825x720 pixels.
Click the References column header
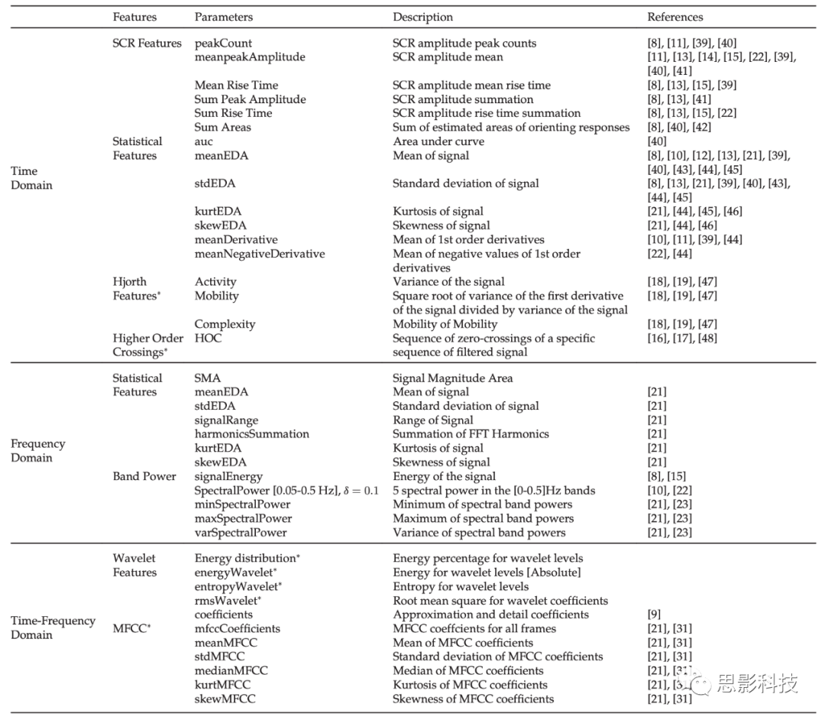pyautogui.click(x=675, y=17)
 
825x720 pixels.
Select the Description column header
pyautogui.click(x=422, y=17)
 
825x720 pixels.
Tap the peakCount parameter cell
pyautogui.click(x=223, y=43)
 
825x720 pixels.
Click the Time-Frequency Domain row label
pyautogui.click(x=53, y=628)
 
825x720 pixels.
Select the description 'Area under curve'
pyautogui.click(x=438, y=141)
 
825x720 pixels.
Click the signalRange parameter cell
pyautogui.click(x=226, y=420)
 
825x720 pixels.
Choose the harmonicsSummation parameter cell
pyautogui.click(x=251, y=433)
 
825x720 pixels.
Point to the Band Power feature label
pyautogui.click(x=144, y=476)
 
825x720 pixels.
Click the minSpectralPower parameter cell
pyautogui.click(x=242, y=504)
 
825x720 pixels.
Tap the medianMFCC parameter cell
pyautogui.click(x=231, y=670)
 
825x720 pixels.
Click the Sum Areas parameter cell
pyautogui.click(x=222, y=127)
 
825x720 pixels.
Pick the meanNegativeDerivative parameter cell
pyautogui.click(x=260, y=254)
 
